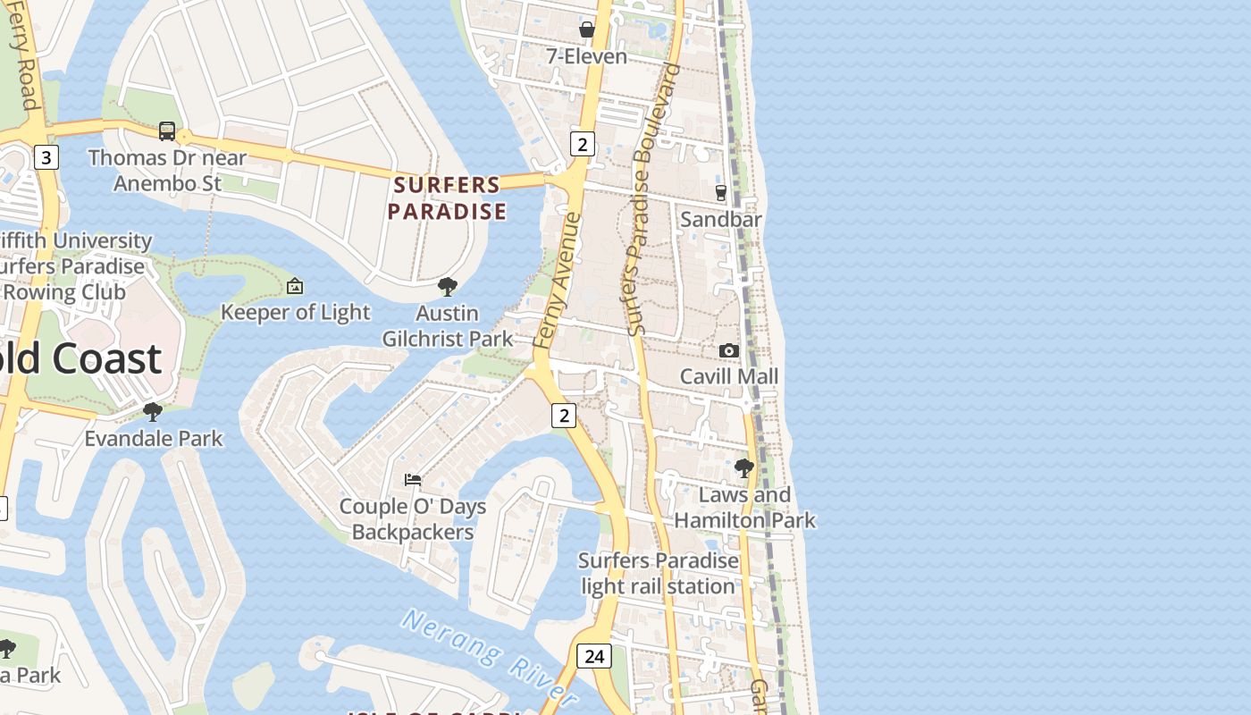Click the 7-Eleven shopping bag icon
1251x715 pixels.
pyautogui.click(x=587, y=29)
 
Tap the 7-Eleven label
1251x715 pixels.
pyautogui.click(x=586, y=56)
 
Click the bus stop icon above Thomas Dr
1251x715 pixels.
pyautogui.click(x=167, y=131)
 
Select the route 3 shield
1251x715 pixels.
pyautogui.click(x=46, y=158)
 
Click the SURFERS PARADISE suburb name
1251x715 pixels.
pyautogui.click(x=447, y=198)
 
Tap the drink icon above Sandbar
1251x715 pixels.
pyautogui.click(x=721, y=192)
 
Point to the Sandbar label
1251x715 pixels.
pyautogui.click(x=721, y=219)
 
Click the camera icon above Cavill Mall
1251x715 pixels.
pyautogui.click(x=729, y=350)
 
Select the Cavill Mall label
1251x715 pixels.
pyautogui.click(x=729, y=376)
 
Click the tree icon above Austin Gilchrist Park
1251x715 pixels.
pyautogui.click(x=448, y=287)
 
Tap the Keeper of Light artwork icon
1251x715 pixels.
pyautogui.click(x=295, y=286)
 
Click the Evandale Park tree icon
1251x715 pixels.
pyautogui.click(x=153, y=412)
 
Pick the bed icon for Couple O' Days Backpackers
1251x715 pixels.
pyautogui.click(x=413, y=480)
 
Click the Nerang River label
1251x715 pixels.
pyautogui.click(x=490, y=655)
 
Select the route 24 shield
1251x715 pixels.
pyautogui.click(x=594, y=656)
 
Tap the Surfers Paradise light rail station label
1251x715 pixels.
pyautogui.click(x=659, y=574)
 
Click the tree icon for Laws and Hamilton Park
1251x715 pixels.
pyautogui.click(x=743, y=467)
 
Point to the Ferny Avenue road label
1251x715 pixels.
pyautogui.click(x=558, y=279)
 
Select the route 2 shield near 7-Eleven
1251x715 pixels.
pyautogui.click(x=583, y=143)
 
